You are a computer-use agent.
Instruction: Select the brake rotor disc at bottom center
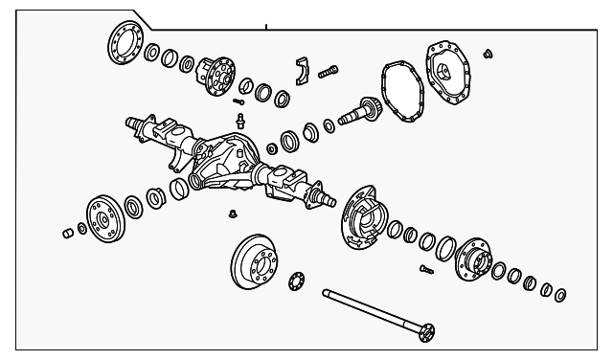(254, 261)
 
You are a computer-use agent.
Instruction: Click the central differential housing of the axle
(225, 163)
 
